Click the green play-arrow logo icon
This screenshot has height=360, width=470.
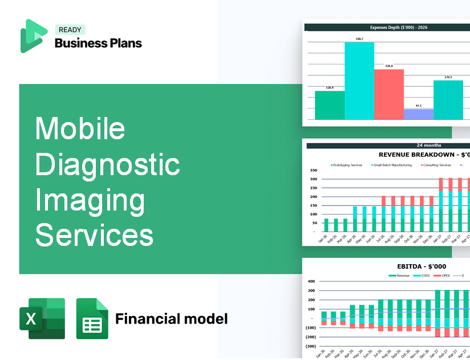tap(33, 35)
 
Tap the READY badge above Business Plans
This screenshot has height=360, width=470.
tap(70, 30)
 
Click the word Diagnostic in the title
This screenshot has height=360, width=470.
tap(108, 165)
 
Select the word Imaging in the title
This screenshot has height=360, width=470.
tap(91, 200)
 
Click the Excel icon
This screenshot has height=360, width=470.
tap(42, 318)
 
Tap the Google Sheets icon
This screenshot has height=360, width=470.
tap(92, 318)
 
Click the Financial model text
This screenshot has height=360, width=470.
tap(171, 318)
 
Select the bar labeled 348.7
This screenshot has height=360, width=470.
tap(359, 80)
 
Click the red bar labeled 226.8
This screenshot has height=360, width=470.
tap(389, 94)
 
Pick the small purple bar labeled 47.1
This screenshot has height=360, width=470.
tap(419, 114)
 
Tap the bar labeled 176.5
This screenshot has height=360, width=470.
tap(448, 100)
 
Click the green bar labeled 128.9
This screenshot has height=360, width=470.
tap(330, 105)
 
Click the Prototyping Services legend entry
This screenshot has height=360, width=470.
tap(347, 165)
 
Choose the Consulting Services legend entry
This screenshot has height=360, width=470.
tap(436, 165)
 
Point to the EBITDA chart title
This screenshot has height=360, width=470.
tap(422, 266)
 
